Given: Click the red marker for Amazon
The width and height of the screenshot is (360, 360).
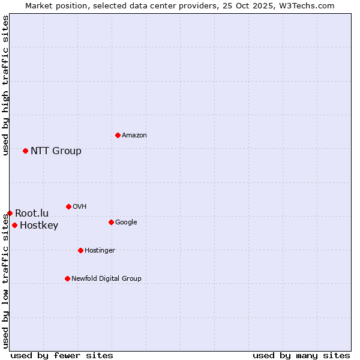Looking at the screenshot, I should click(x=118, y=135).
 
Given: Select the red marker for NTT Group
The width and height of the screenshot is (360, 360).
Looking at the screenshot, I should click(x=25, y=151).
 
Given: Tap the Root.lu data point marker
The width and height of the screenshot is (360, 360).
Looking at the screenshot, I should click(x=10, y=213).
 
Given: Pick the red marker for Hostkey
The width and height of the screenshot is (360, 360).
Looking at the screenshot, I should click(x=14, y=225).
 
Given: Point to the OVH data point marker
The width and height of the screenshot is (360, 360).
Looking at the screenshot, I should click(x=68, y=206).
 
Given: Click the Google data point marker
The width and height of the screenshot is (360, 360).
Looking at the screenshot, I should click(x=111, y=222).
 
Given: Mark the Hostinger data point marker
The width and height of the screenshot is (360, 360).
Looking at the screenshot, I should click(x=80, y=250).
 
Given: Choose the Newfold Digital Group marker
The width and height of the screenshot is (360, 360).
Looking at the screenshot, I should click(x=67, y=278).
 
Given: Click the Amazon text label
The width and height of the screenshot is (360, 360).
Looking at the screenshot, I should click(x=134, y=135).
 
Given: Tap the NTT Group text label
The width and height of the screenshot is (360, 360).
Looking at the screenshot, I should click(x=56, y=151).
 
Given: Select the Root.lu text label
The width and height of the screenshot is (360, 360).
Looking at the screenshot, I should click(x=32, y=213).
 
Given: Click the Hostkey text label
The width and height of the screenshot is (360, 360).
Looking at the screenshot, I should click(x=39, y=226).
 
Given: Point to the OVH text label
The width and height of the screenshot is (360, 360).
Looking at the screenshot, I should click(x=80, y=206).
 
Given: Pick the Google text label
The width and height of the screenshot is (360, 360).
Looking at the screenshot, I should click(x=126, y=222).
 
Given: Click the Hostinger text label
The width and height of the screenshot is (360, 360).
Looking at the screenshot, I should click(x=100, y=250).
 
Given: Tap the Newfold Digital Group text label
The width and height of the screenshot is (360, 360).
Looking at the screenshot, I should click(x=106, y=278).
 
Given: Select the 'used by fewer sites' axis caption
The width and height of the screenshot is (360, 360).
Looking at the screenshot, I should click(x=62, y=355).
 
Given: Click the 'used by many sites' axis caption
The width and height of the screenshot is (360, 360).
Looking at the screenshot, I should click(x=301, y=355).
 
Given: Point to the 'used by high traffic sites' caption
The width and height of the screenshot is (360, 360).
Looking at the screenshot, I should click(x=5, y=85).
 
